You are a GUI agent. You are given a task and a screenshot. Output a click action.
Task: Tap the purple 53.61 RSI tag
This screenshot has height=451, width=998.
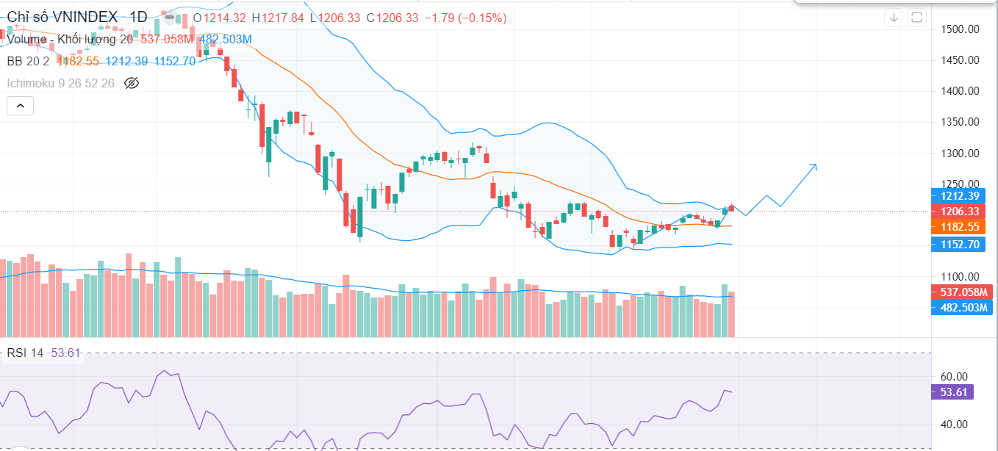952,392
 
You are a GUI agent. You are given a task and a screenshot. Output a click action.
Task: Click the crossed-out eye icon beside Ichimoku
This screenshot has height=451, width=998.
132,83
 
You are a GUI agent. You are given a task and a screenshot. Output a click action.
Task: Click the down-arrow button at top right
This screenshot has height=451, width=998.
894,18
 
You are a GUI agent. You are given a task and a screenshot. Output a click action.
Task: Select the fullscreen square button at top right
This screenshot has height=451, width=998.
916,18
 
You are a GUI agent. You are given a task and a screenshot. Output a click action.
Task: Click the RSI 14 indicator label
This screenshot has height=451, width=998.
26,353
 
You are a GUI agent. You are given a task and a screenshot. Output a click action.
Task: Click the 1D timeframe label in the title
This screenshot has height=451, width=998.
137,17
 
